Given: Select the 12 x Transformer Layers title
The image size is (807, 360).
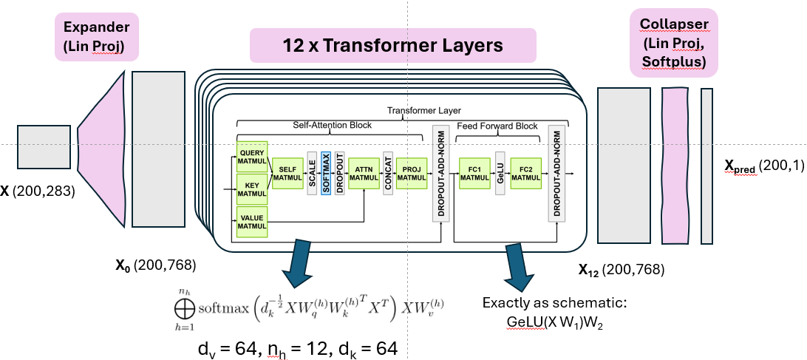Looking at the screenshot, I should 392,46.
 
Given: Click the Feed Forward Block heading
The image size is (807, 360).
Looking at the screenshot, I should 497,126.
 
